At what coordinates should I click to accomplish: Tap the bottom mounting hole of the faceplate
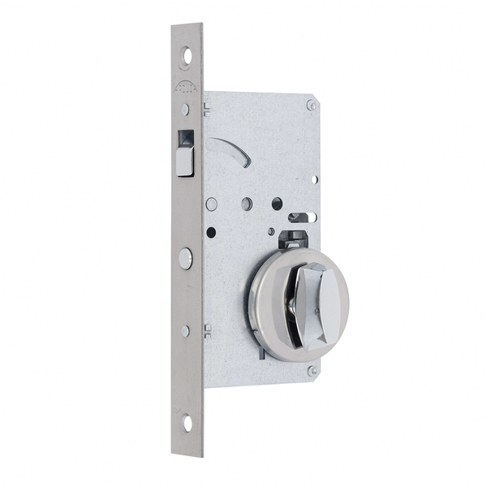point(187,422)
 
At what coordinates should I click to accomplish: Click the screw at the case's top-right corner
point(311,105)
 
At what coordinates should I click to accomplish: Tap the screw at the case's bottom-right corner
point(312,370)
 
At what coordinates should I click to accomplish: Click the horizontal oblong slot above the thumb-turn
point(300,218)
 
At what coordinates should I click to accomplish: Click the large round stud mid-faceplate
point(186,258)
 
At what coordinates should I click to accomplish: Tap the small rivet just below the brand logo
point(185,109)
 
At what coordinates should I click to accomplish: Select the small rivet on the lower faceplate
point(186,330)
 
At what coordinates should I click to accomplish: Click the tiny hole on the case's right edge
point(314,179)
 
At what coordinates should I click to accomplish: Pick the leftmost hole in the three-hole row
point(212,205)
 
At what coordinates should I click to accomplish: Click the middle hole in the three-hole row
point(247,204)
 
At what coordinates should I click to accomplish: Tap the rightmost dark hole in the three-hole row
point(277,204)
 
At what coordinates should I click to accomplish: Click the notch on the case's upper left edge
point(208,108)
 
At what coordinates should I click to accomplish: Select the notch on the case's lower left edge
point(208,330)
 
